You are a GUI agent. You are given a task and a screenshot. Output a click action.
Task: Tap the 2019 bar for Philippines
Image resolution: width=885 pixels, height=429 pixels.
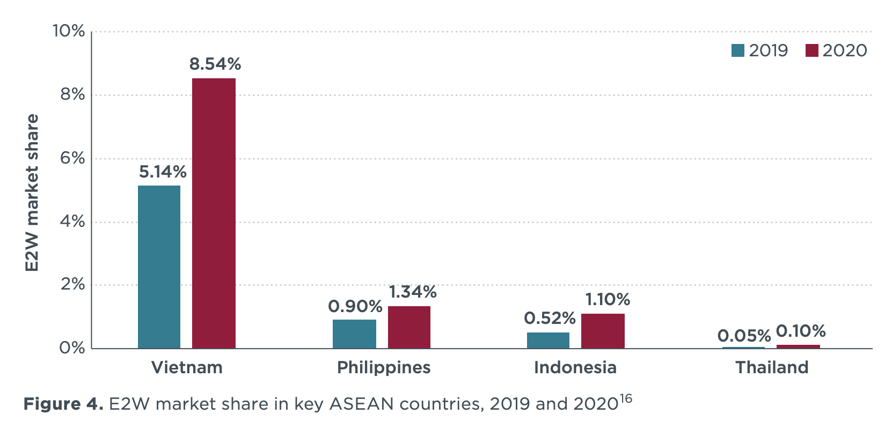354,334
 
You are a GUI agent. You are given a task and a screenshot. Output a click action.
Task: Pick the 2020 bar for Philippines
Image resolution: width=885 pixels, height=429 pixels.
409,327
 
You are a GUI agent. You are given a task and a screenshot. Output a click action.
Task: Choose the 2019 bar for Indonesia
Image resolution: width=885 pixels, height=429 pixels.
548,341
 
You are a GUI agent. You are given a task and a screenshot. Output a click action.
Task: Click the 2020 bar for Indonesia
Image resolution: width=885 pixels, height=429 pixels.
603,331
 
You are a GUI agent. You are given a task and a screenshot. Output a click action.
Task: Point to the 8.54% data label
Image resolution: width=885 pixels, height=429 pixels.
215,64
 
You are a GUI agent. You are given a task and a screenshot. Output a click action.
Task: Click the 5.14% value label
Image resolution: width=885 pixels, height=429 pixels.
163,172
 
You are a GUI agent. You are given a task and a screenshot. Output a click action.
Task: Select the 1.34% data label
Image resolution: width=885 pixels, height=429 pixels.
412,292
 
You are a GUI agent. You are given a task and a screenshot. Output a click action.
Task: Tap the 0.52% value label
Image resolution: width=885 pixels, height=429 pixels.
550,319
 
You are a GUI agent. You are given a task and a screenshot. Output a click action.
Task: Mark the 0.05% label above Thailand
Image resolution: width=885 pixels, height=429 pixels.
744,336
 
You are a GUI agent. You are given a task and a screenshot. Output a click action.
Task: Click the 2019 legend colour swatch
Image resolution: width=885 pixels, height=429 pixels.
738,50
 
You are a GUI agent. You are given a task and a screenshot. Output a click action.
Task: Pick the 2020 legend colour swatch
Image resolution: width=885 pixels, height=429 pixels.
811,50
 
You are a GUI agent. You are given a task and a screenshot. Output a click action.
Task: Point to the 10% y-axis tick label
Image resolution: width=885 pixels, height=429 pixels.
69,31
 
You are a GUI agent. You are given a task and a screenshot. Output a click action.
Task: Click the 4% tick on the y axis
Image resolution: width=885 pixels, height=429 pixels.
72,221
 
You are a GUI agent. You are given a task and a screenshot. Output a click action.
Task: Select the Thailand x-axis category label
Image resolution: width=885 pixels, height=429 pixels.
772,367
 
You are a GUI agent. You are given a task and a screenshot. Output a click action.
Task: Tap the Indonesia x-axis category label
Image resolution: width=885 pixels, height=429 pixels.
575,367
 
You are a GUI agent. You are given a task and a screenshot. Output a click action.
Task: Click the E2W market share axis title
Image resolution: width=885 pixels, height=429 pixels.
32,193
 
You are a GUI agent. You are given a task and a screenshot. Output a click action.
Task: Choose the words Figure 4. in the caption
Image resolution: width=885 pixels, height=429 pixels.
63,404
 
